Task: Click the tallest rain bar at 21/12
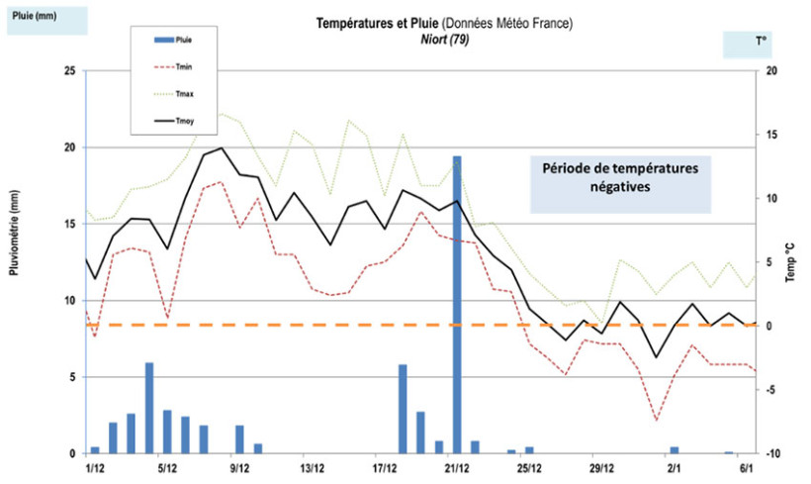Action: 457,297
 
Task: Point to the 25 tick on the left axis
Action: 68,71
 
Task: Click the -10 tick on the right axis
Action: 768,453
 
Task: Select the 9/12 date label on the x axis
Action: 239,467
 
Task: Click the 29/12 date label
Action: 602,467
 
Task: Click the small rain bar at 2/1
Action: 675,449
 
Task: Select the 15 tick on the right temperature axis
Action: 770,135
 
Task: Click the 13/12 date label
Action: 313,467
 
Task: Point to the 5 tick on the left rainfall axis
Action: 71,377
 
